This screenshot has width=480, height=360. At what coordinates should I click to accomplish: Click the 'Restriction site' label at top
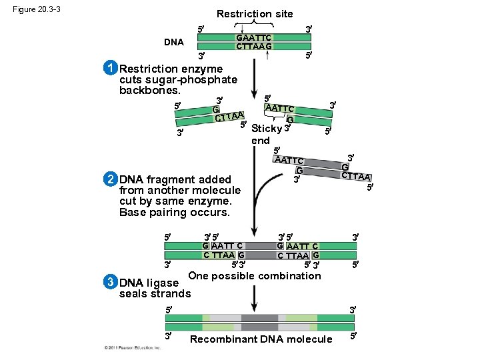point(254,13)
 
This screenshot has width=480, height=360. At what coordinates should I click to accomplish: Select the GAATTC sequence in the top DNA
point(253,37)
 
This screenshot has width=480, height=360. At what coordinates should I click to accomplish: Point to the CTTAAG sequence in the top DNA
point(253,46)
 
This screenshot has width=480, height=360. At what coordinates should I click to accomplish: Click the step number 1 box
point(111,69)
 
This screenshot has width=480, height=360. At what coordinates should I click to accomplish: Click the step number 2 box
point(111,179)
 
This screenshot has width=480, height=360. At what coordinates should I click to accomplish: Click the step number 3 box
point(111,282)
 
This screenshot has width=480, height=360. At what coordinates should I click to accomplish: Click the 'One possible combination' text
point(255,276)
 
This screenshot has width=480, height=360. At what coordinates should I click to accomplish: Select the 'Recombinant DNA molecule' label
point(261,339)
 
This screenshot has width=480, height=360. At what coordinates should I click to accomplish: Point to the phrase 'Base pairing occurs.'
point(174,212)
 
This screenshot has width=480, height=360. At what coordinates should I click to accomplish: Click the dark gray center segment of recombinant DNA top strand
point(259,318)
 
